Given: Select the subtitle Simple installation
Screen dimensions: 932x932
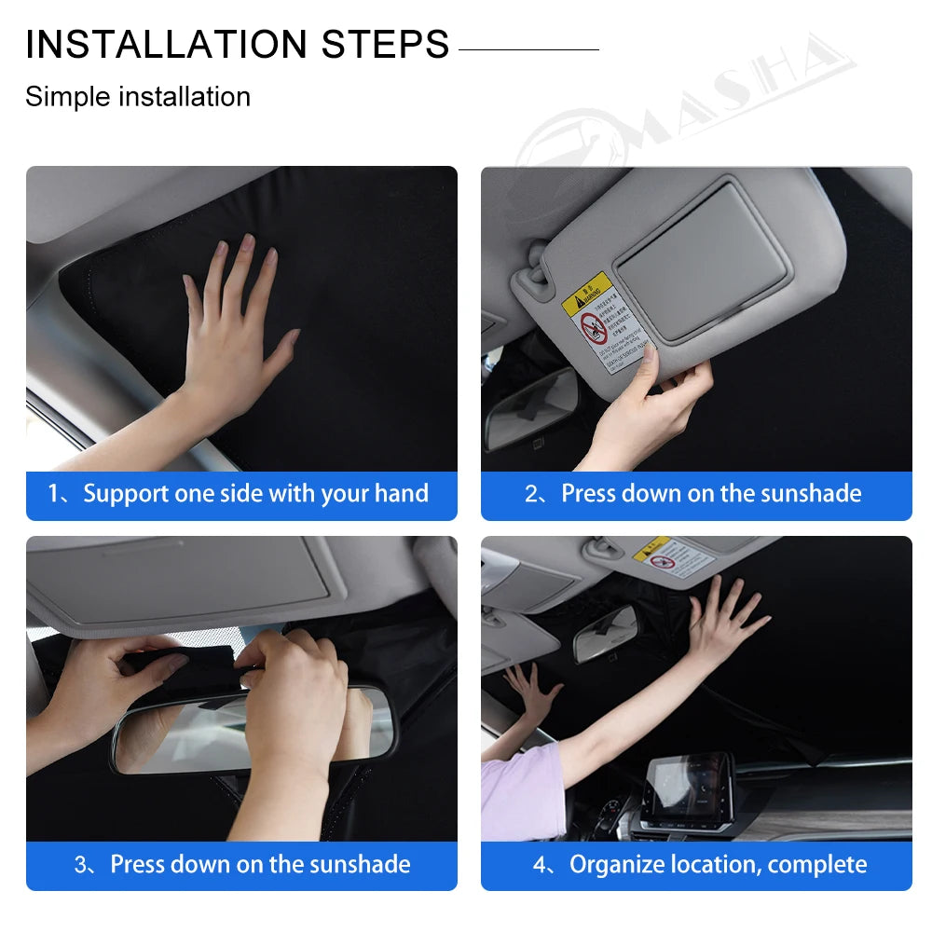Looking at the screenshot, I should [138, 97].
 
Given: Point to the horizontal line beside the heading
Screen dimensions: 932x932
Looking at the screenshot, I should [528, 49].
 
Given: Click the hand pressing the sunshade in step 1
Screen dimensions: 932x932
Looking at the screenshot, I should [233, 326].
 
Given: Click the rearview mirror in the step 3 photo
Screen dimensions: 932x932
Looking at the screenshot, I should [252, 732].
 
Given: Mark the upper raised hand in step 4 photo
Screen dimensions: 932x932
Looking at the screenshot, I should [722, 620].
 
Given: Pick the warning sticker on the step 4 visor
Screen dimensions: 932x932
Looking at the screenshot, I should [673, 557].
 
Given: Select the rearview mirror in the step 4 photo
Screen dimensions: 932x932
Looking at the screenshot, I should [606, 634].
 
